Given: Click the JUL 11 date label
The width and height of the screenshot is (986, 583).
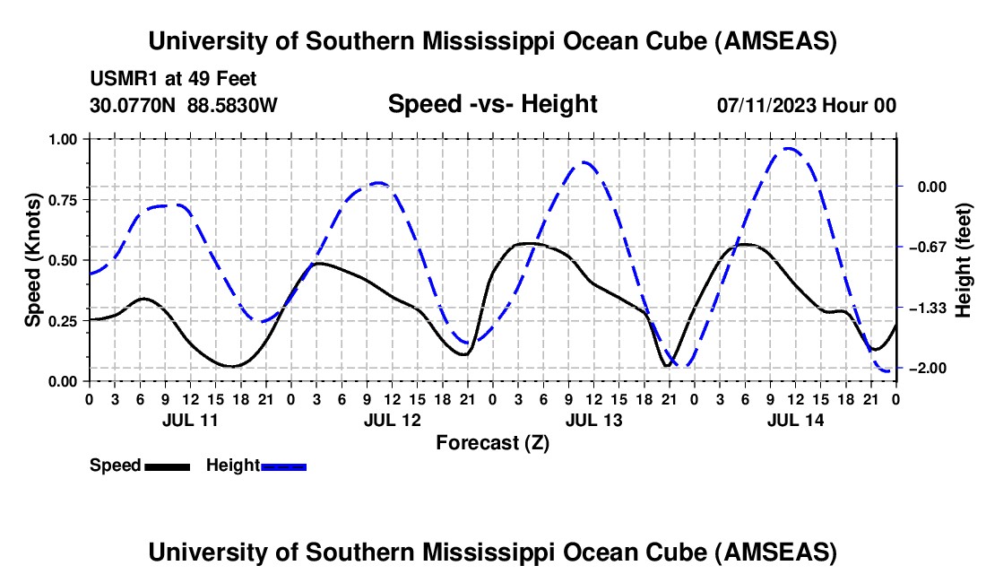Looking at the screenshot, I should pos(189,420).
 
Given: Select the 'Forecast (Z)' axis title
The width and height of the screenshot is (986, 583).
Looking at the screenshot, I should pos(492,442).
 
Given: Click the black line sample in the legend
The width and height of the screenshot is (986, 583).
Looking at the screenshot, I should pos(167,466).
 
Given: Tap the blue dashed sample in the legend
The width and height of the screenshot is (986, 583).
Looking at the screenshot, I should pos(284,466).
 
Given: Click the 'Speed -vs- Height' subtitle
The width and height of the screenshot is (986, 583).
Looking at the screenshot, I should pos(492,104).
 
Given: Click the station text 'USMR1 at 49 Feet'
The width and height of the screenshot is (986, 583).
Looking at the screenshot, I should pos(173,79).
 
